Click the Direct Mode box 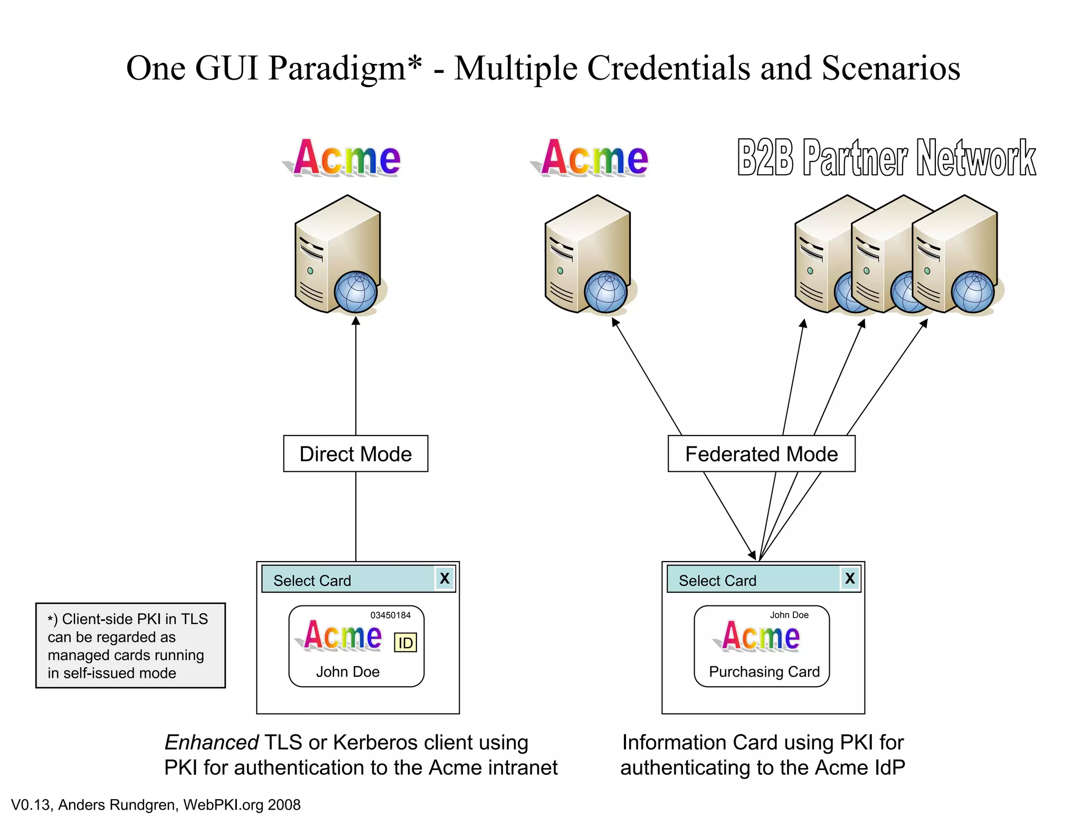(x=355, y=454)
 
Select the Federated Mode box (x=761, y=454)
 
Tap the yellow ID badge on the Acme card (x=405, y=642)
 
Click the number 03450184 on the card (x=390, y=615)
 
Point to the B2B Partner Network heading (x=886, y=158)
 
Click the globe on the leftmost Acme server (x=356, y=291)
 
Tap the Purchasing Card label (x=764, y=671)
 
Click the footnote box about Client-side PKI (x=130, y=645)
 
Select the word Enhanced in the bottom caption (x=211, y=742)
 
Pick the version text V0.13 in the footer (x=31, y=805)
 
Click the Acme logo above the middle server (x=594, y=158)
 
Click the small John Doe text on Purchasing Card (x=789, y=615)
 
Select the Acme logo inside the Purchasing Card (x=761, y=636)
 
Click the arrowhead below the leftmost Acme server (x=356, y=321)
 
